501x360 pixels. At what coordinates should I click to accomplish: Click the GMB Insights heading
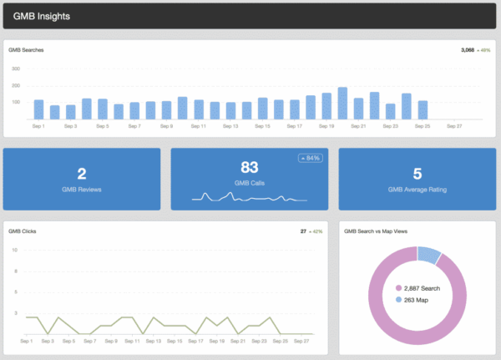point(42,16)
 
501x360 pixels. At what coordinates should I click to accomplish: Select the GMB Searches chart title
point(26,50)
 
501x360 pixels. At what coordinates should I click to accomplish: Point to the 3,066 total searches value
point(468,50)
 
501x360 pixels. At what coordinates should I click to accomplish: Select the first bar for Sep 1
point(38,109)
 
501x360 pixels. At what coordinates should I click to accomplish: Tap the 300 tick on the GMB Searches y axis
point(15,69)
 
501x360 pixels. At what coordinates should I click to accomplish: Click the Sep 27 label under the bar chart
point(454,126)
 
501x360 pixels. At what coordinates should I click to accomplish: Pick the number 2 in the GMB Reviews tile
point(82,174)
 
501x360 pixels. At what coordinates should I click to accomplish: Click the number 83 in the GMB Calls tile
point(250,166)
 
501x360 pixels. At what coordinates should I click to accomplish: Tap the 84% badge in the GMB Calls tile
point(310,158)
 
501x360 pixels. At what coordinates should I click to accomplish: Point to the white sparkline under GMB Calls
point(249,197)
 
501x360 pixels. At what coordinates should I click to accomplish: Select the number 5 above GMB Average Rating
point(417,174)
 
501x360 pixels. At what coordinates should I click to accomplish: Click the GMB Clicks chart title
point(23,231)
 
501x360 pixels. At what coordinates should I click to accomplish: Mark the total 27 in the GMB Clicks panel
point(304,231)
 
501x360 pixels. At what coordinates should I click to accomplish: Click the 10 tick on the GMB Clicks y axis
point(14,250)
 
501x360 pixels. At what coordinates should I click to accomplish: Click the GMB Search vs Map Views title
point(382,231)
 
